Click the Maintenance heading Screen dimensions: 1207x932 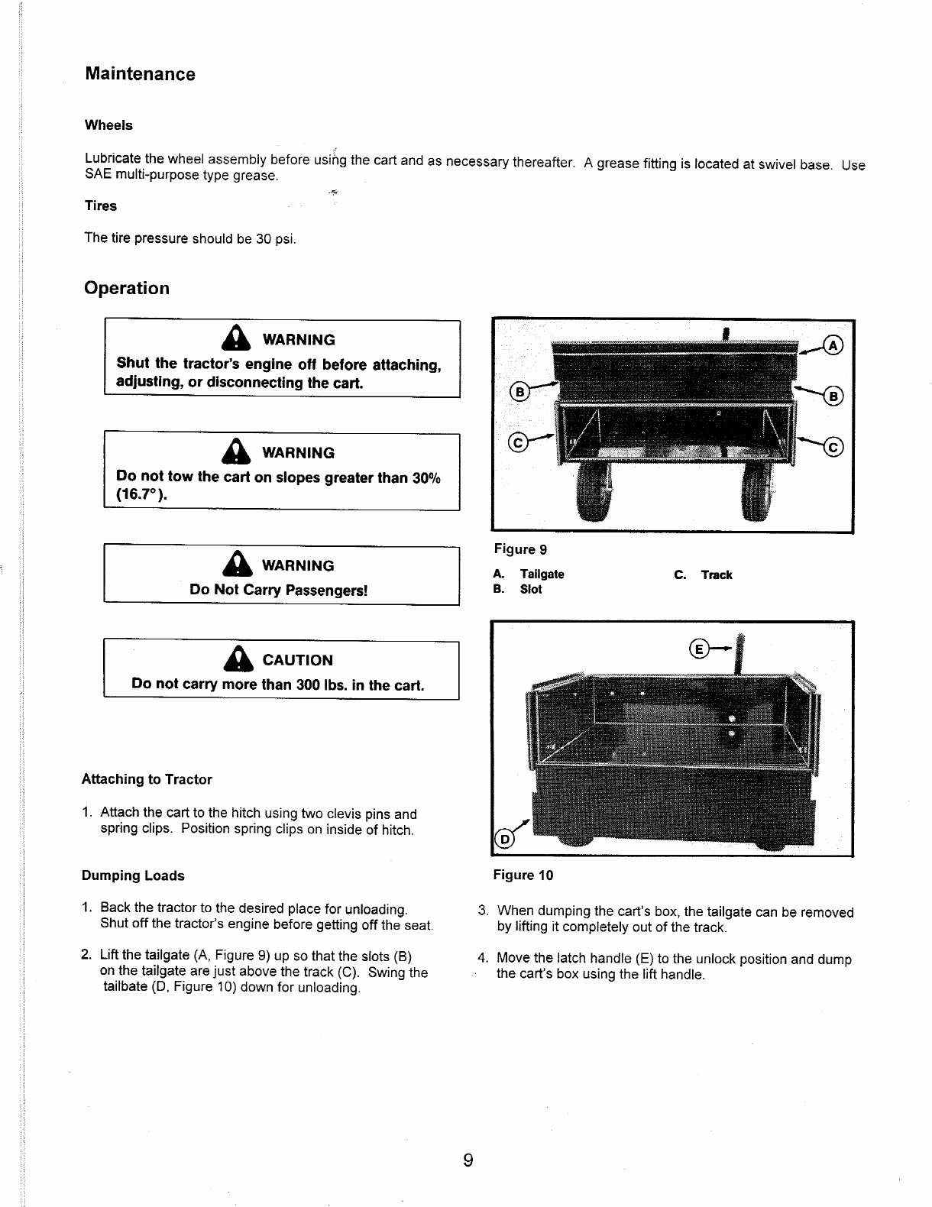(140, 74)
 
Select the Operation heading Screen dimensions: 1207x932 (127, 288)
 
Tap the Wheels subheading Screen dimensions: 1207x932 (108, 125)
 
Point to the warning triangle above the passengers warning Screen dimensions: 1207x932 (239, 565)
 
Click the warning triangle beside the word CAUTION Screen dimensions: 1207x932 (239, 659)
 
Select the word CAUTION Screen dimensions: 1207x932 (297, 660)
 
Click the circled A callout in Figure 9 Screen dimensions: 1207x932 (832, 346)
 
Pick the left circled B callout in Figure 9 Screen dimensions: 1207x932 (519, 393)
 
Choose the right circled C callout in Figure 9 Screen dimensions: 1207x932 (832, 447)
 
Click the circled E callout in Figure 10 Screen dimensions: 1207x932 (698, 649)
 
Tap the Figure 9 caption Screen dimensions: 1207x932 (520, 549)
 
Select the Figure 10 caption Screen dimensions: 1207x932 (523, 875)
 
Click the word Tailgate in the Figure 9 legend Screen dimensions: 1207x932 (542, 574)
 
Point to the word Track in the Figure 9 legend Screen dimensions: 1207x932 (716, 575)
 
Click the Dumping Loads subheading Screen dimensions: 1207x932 (133, 875)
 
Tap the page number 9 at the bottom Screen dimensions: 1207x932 (468, 1161)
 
